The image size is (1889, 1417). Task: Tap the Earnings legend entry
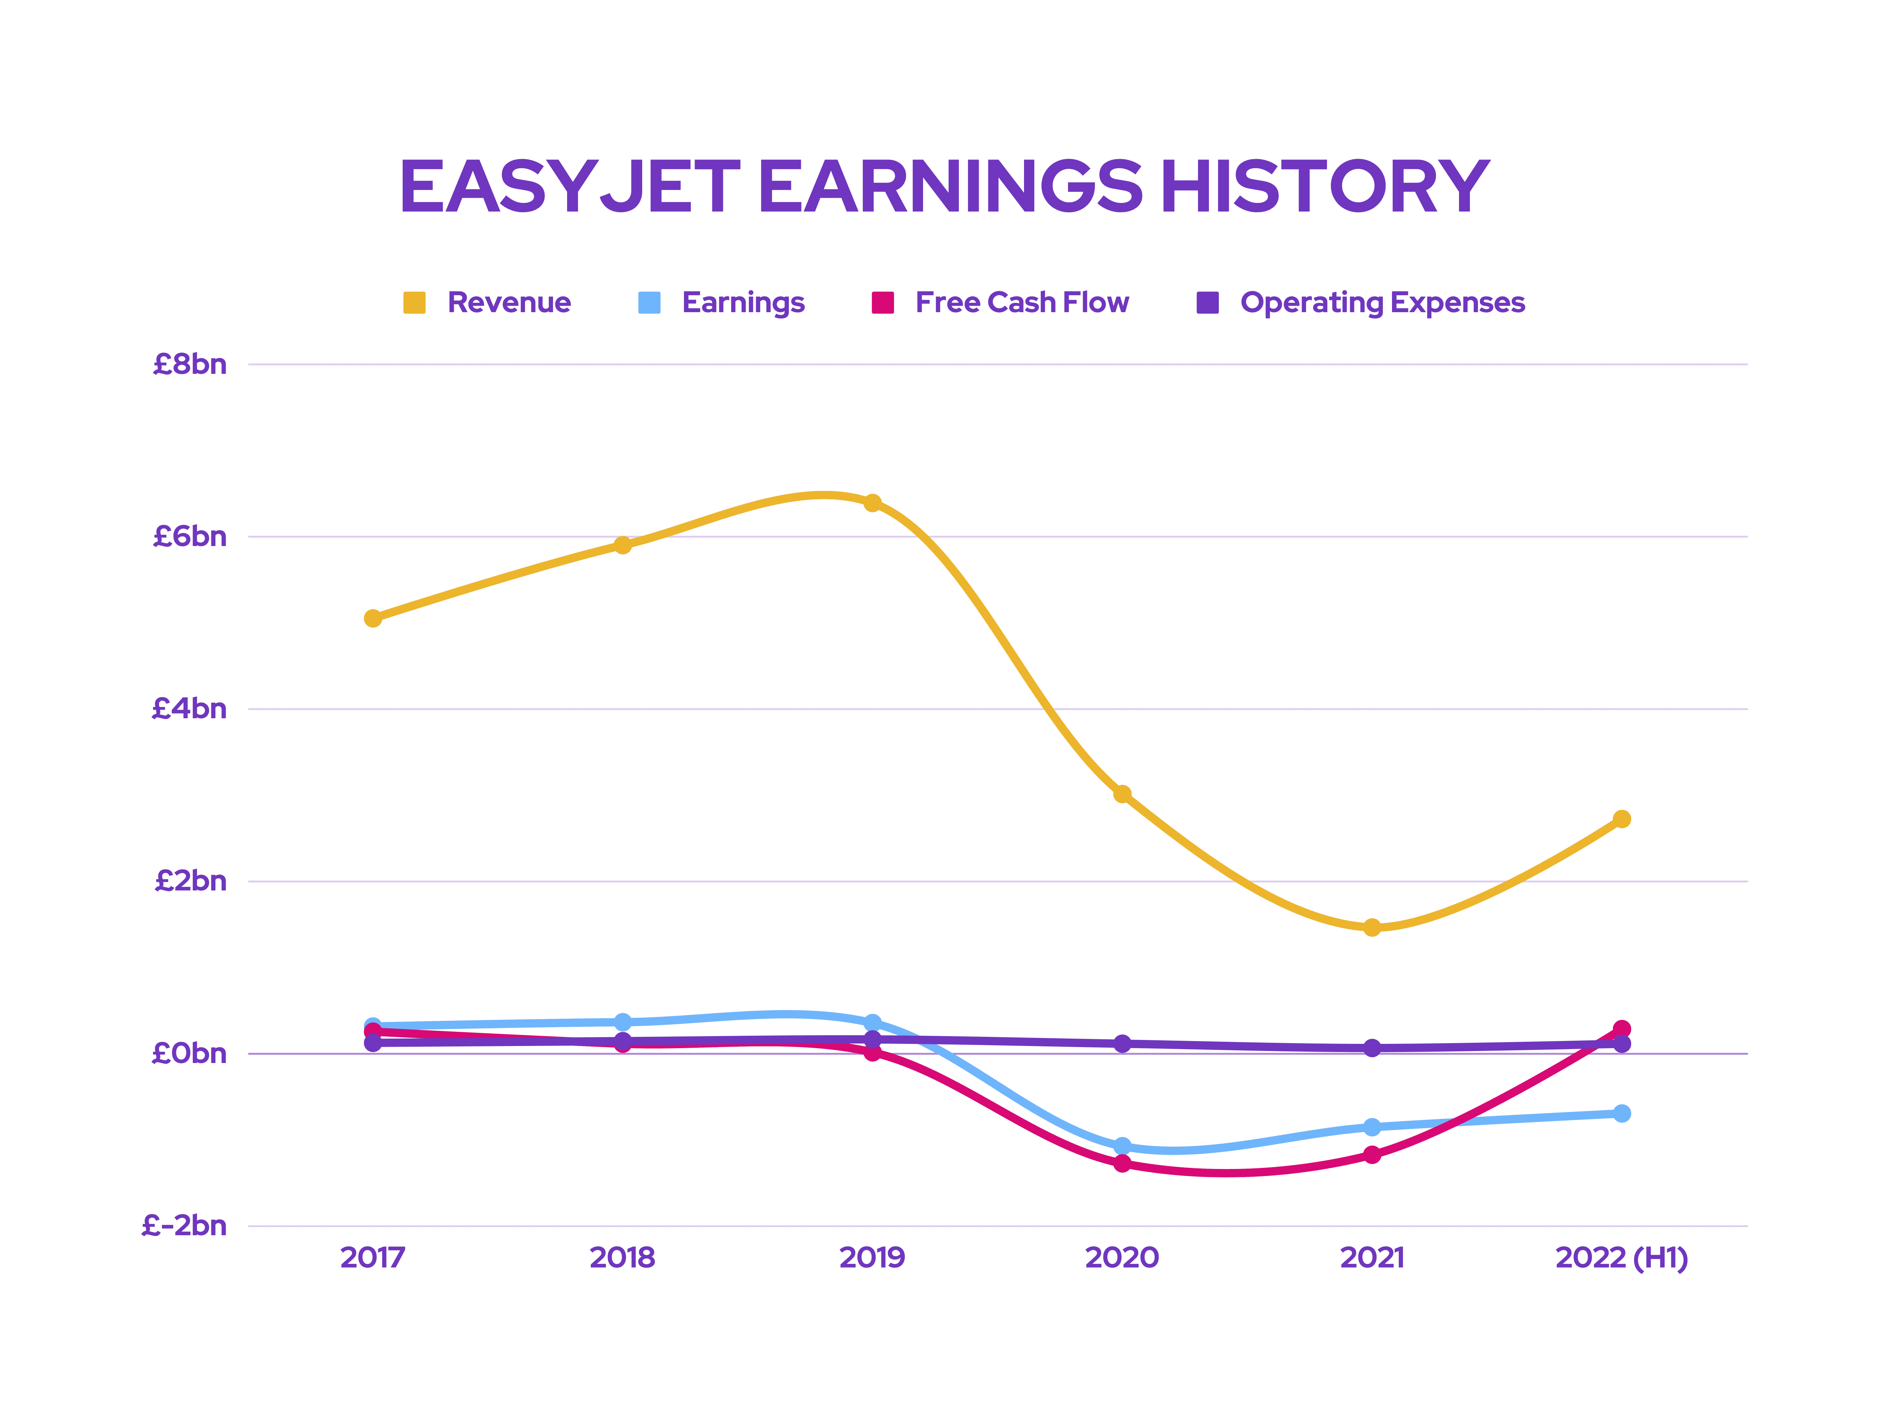(x=722, y=302)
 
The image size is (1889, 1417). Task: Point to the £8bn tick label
(x=190, y=365)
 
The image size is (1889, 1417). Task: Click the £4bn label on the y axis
(x=190, y=709)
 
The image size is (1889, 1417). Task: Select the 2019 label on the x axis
(x=872, y=1258)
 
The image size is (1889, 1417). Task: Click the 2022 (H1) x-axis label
(x=1621, y=1258)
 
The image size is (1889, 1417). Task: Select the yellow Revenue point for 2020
(x=1122, y=794)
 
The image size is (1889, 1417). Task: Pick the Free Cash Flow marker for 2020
(x=1122, y=1163)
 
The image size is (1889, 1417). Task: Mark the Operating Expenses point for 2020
(x=1122, y=1044)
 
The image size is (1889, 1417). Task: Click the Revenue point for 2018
(x=623, y=545)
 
